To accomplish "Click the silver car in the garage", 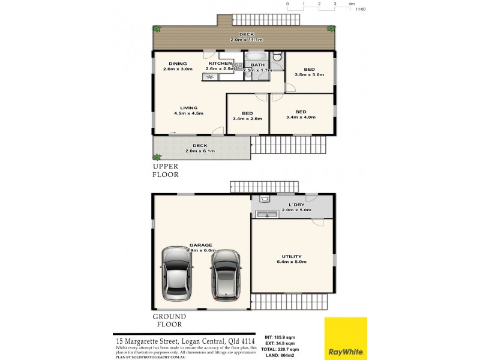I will tap(176, 275).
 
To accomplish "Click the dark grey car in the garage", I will tap(226, 275).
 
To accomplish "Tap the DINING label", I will tap(178, 64).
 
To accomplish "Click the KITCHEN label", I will tap(220, 64).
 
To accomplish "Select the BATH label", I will tap(257, 65).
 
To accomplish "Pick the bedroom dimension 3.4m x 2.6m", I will tap(247, 119).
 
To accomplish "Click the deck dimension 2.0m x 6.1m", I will tap(200, 151).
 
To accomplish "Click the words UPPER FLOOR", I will tap(165, 170).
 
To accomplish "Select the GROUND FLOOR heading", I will tap(169, 320).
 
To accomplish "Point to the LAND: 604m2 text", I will tap(283, 355).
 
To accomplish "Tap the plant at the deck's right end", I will tap(331, 28).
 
